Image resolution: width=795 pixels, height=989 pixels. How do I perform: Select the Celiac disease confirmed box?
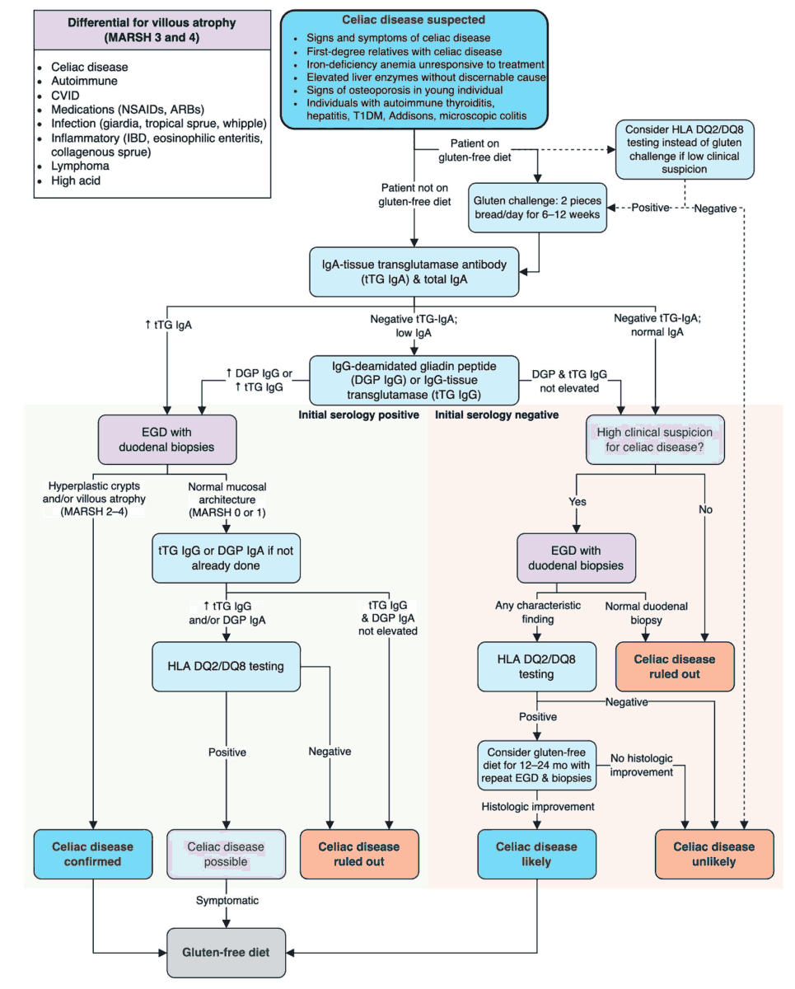93,854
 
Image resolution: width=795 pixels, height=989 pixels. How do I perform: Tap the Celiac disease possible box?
226,854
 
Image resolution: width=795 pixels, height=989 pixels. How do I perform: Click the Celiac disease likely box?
536,854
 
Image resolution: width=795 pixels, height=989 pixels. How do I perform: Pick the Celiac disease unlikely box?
713,854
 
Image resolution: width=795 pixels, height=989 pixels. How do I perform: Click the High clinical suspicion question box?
654,438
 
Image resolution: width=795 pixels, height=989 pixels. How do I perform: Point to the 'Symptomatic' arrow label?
227,901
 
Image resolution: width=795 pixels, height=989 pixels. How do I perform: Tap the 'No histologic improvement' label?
643,765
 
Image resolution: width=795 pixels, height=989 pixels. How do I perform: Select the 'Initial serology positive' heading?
358,415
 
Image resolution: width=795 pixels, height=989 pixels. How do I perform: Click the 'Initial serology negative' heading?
496,415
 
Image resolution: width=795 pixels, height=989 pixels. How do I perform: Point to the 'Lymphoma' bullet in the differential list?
80,166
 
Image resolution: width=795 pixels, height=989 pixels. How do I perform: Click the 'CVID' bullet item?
65,96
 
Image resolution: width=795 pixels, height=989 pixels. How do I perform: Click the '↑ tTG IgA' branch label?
168,325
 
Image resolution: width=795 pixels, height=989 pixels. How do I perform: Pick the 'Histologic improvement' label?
536,806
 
